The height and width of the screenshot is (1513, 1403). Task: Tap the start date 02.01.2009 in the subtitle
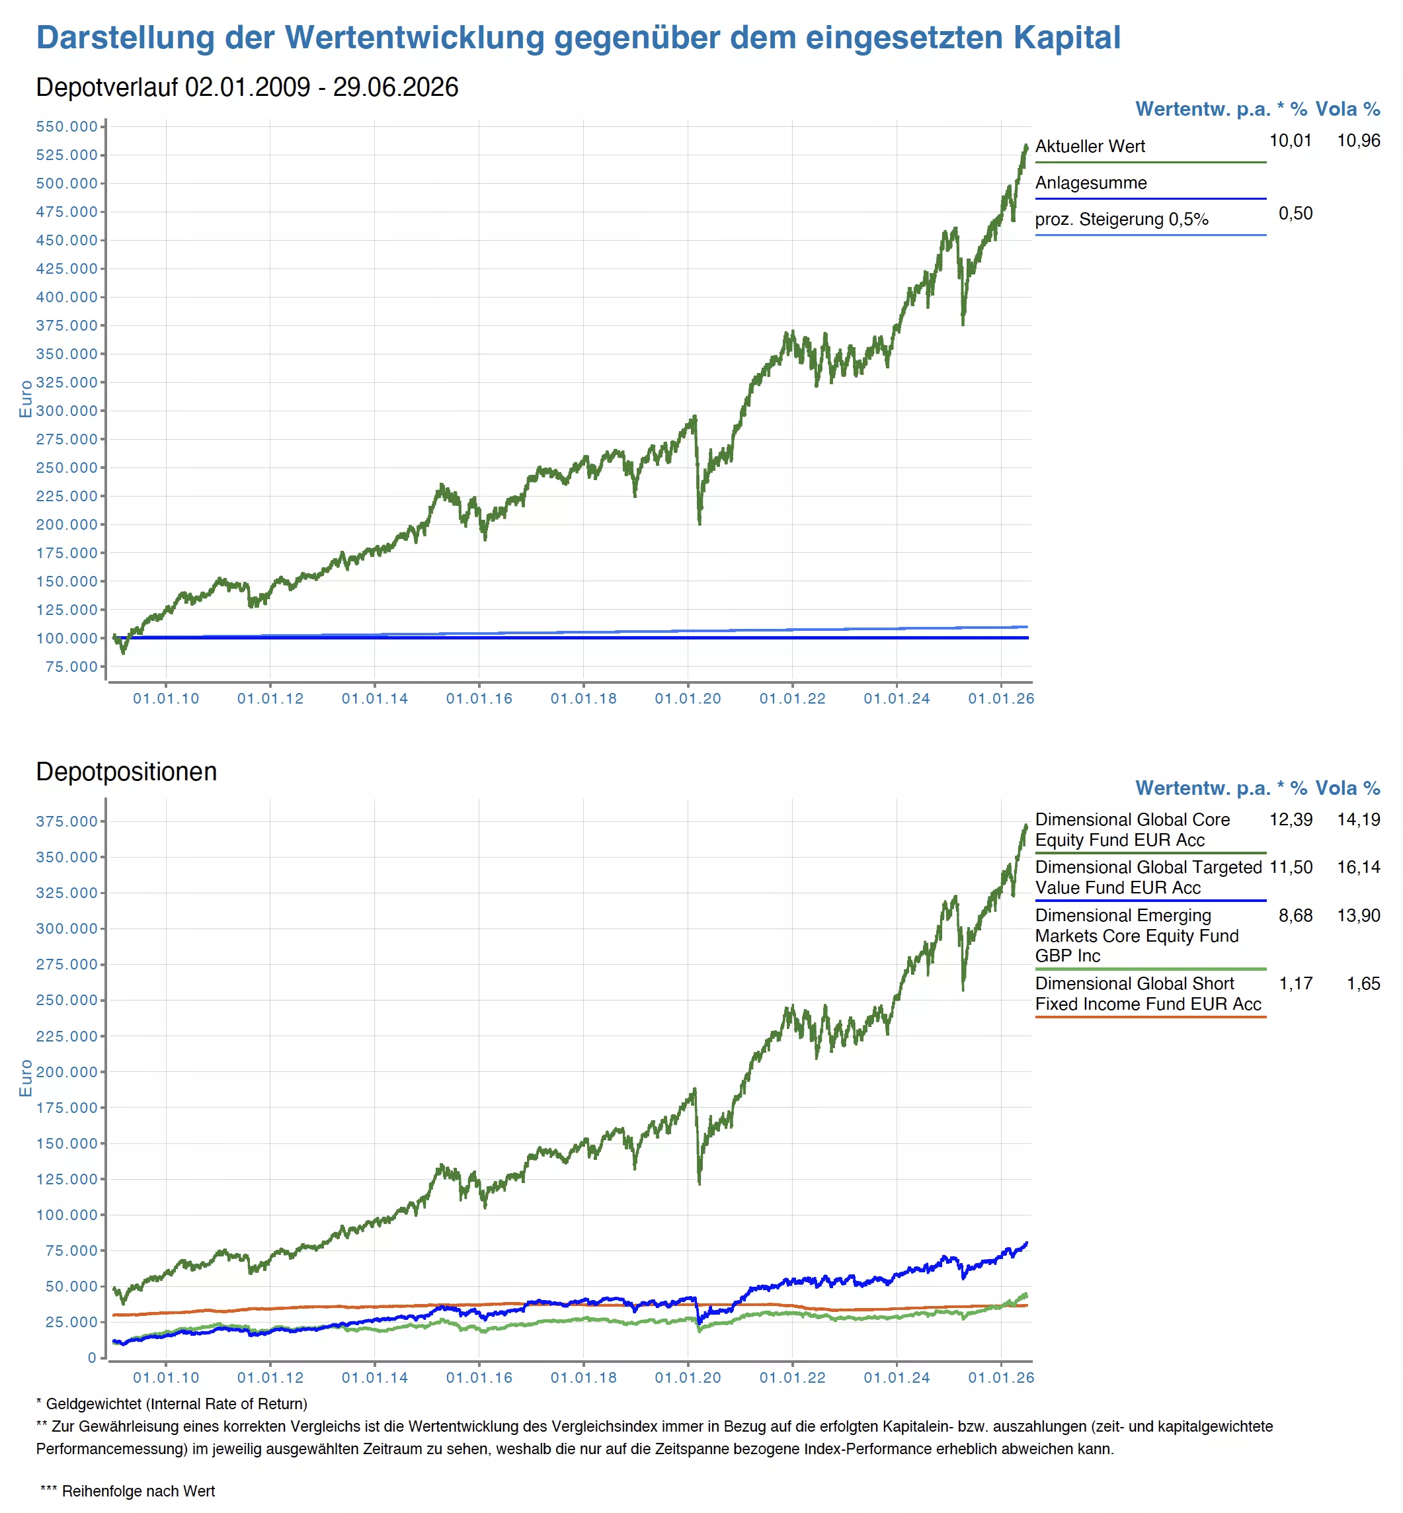pyautogui.click(x=247, y=87)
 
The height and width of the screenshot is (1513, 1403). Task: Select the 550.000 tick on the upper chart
pyautogui.click(x=67, y=126)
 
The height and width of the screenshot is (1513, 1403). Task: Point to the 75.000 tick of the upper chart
pyautogui.click(x=72, y=667)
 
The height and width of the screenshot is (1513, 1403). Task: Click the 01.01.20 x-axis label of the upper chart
pyautogui.click(x=688, y=698)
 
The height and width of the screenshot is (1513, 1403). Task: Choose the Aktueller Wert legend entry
pyautogui.click(x=1090, y=147)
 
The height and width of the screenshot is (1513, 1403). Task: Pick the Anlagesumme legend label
pyautogui.click(x=1091, y=183)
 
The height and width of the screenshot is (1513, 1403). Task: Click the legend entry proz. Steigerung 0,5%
pyautogui.click(x=1121, y=220)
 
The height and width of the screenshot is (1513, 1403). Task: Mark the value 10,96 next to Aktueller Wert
pyautogui.click(x=1358, y=140)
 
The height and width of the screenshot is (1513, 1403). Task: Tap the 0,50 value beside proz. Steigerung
pyautogui.click(x=1295, y=214)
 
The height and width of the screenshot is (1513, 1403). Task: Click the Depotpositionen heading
pyautogui.click(x=127, y=771)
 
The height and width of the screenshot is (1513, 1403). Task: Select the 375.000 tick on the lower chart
pyautogui.click(x=67, y=821)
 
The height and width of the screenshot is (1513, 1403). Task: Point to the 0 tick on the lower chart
pyautogui.click(x=92, y=1358)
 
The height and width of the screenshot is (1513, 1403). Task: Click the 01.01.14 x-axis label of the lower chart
pyautogui.click(x=375, y=1377)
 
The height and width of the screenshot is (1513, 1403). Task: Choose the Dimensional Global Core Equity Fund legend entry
pyautogui.click(x=1132, y=830)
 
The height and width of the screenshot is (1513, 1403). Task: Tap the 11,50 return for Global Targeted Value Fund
pyautogui.click(x=1291, y=867)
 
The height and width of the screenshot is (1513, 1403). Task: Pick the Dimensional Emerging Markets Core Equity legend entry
pyautogui.click(x=1137, y=935)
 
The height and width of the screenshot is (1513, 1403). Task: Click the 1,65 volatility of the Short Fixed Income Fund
pyautogui.click(x=1363, y=983)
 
